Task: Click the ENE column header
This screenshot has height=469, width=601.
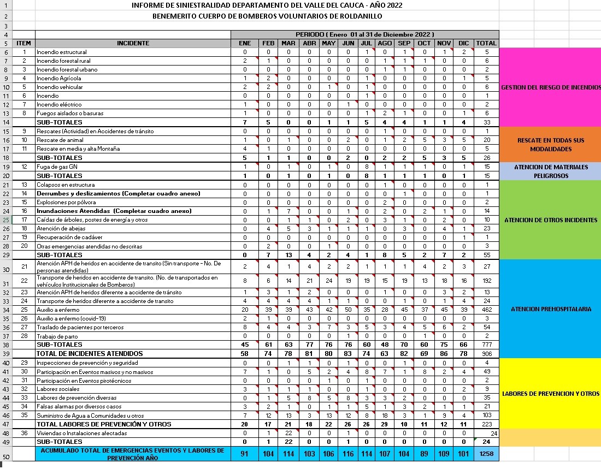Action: (x=245, y=43)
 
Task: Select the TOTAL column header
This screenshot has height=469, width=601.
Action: (x=486, y=43)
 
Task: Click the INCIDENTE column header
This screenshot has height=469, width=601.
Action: (x=133, y=43)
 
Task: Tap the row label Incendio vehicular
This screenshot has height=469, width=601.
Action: (x=60, y=87)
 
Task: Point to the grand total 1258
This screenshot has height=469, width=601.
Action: (x=486, y=454)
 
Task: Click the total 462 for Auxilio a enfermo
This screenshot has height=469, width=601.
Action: (x=486, y=310)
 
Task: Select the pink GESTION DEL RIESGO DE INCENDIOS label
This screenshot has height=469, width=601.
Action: (x=550, y=87)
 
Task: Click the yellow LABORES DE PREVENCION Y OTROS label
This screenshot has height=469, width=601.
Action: (x=550, y=394)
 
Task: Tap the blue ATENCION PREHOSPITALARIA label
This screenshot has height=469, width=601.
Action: (x=550, y=309)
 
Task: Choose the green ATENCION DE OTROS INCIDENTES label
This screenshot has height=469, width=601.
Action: (x=550, y=220)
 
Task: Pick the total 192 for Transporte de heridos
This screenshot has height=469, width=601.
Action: (x=486, y=281)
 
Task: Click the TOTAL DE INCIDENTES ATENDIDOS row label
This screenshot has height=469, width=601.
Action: (x=90, y=354)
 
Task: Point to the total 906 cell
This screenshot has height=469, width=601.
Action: (x=486, y=354)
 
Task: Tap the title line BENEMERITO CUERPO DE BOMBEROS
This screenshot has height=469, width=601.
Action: (x=267, y=16)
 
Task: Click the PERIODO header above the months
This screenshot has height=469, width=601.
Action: (x=365, y=34)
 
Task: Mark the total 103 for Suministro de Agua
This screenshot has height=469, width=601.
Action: (x=486, y=415)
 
